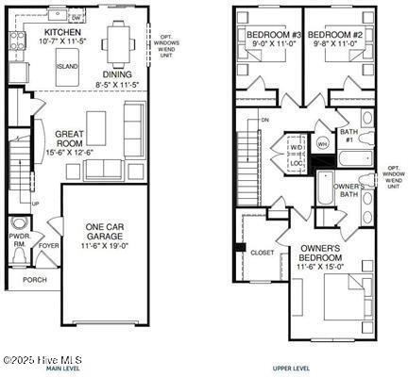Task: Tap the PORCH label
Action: coord(34,280)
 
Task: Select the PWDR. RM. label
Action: coord(19,241)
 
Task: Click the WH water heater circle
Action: coord(322,144)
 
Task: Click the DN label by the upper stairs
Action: coord(265,121)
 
